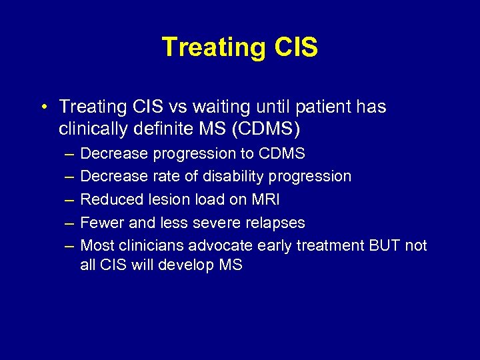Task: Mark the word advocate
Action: coord(218,245)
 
